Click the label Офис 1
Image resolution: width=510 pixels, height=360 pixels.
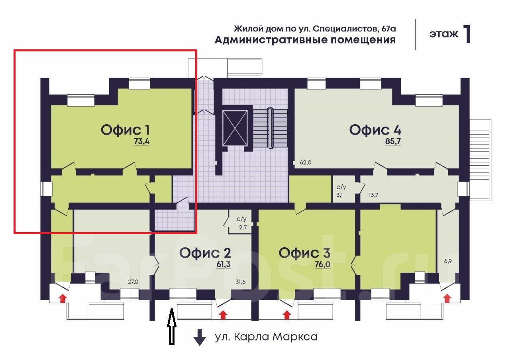pyautogui.click(x=126, y=130)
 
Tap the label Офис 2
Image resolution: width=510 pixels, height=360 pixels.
pyautogui.click(x=205, y=252)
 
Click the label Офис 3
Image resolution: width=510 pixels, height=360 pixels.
pyautogui.click(x=304, y=252)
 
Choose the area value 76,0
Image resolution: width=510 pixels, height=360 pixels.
pyautogui.click(x=322, y=264)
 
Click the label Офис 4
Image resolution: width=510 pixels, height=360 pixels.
pyautogui.click(x=375, y=130)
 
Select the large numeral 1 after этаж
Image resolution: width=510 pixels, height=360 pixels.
pyautogui.click(x=467, y=34)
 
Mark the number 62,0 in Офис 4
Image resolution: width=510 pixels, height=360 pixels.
pyautogui.click(x=305, y=162)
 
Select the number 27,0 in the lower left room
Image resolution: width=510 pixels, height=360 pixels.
pyautogui.click(x=133, y=282)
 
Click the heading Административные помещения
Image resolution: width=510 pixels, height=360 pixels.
pyautogui.click(x=305, y=40)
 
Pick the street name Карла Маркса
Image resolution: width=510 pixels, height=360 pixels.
pyautogui.click(x=275, y=337)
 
